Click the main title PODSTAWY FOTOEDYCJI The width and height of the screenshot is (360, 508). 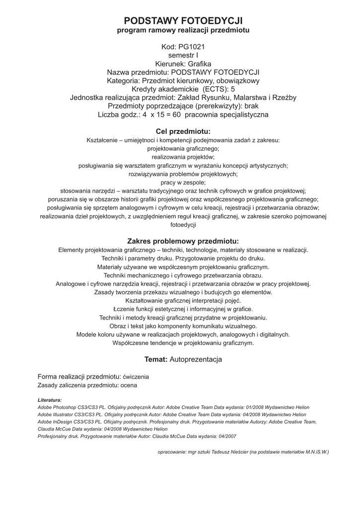(x=183, y=20)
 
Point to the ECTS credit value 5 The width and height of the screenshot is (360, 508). (x=233, y=89)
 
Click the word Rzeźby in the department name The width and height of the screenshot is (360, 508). (x=285, y=98)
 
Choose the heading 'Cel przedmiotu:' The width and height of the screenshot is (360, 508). (x=183, y=131)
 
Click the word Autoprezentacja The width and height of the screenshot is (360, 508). (x=196, y=359)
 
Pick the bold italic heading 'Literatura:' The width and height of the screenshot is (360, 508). (x=50, y=399)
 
